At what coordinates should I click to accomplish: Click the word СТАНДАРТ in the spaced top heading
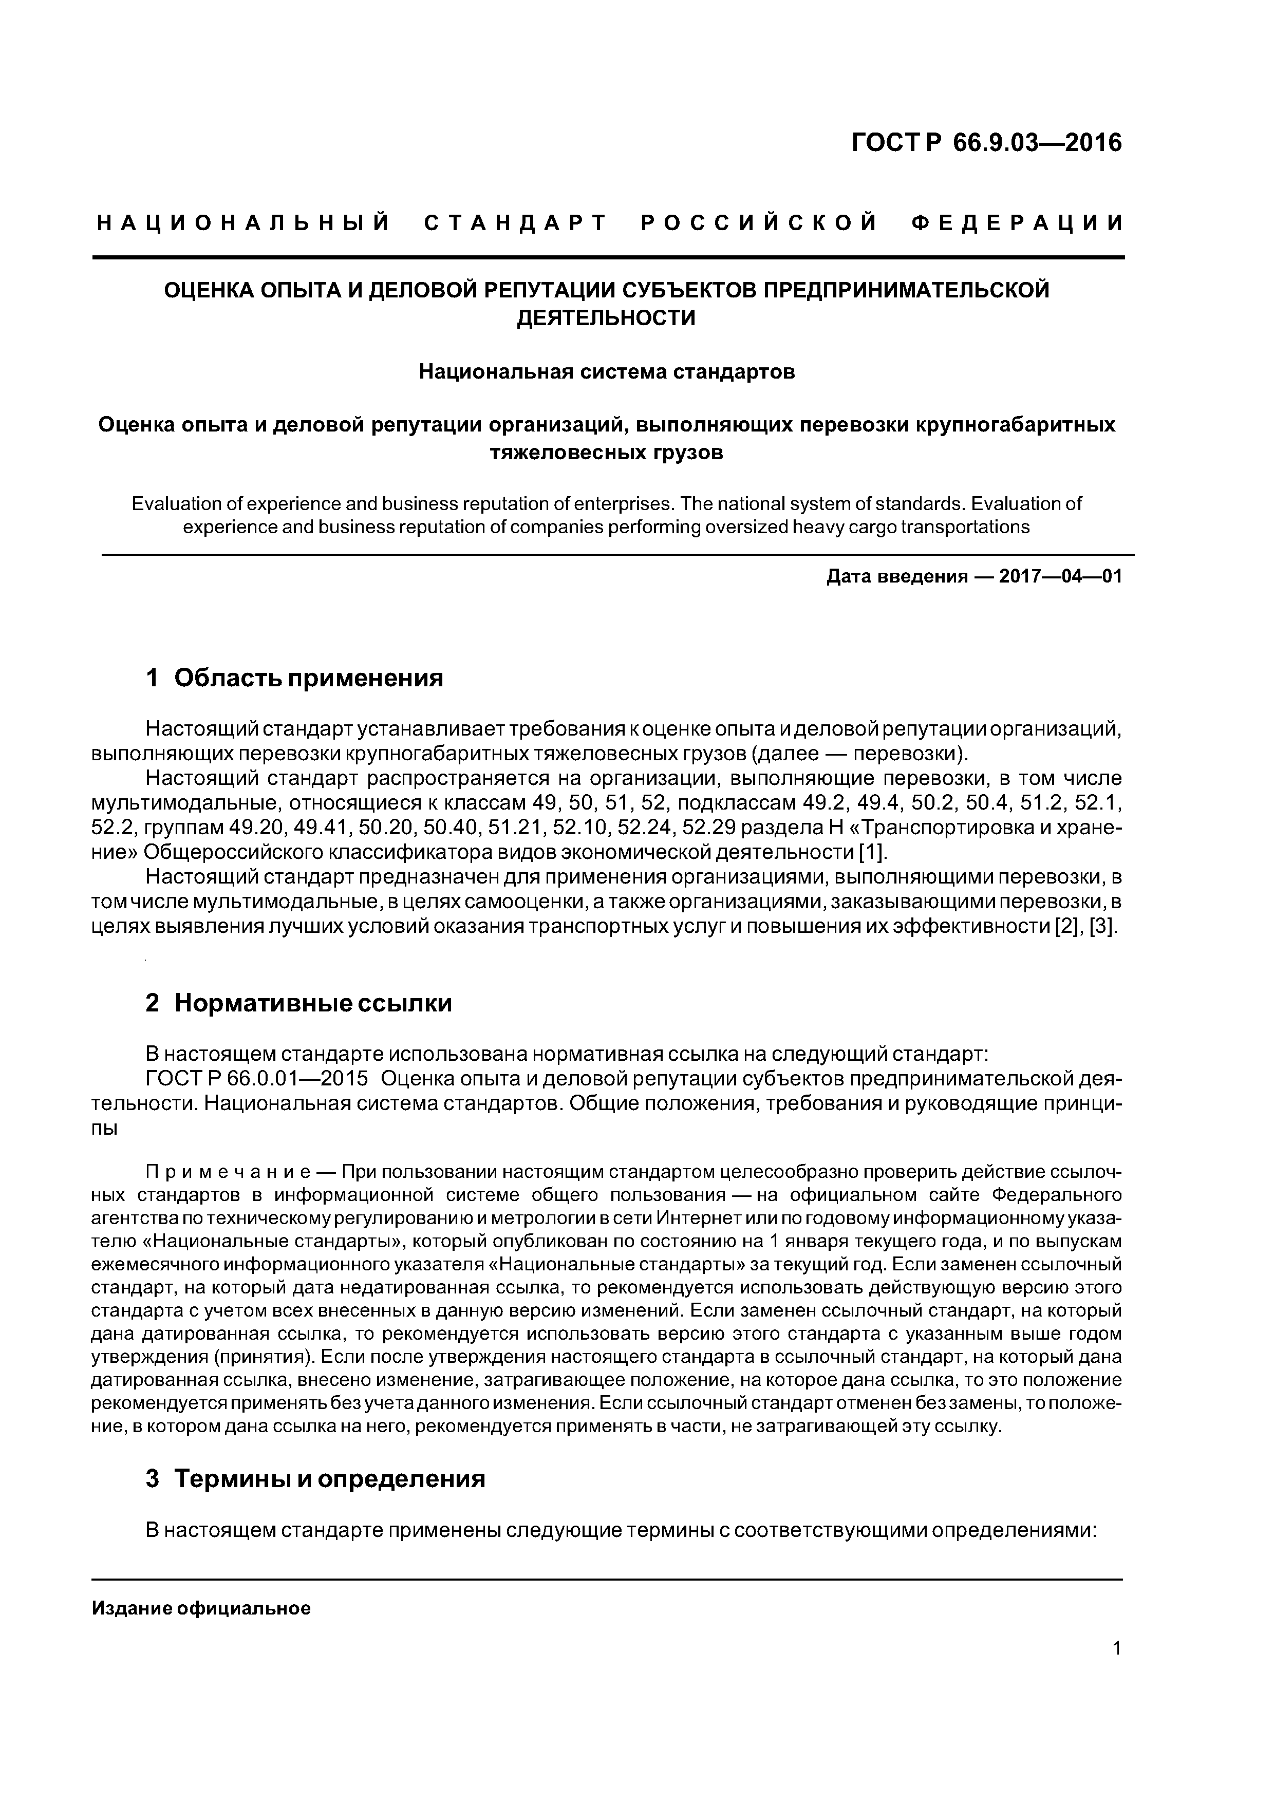coord(515,223)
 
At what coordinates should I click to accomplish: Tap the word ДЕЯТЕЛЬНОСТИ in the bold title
coord(606,318)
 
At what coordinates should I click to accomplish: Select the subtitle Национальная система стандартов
coord(606,371)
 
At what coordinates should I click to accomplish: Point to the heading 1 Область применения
coord(295,678)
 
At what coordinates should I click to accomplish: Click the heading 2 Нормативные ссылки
coord(299,1003)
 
